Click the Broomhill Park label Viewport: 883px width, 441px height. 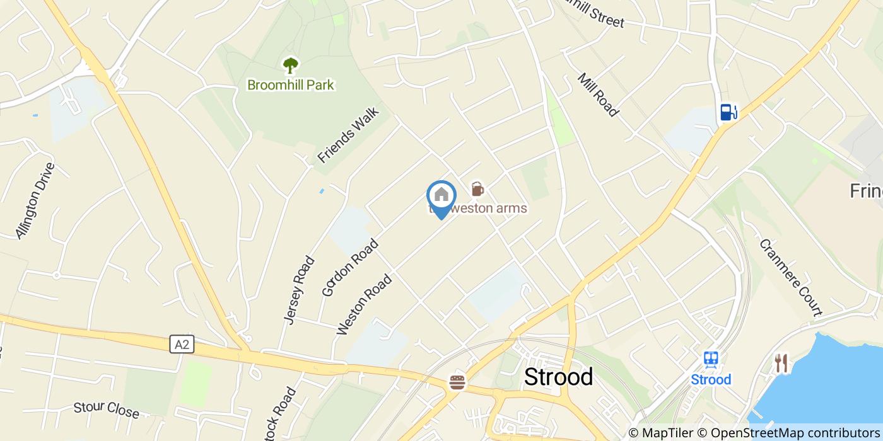point(291,84)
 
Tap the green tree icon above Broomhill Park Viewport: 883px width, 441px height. point(290,64)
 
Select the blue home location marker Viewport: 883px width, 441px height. point(441,196)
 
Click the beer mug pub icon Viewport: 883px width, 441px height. point(477,188)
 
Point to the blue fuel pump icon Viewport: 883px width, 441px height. point(728,112)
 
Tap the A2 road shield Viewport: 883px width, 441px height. point(182,344)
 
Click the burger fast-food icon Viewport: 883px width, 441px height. point(457,382)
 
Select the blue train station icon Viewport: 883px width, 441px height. point(711,359)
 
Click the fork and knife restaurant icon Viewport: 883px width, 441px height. point(781,363)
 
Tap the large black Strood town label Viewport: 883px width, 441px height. point(559,377)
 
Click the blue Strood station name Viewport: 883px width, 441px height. point(711,379)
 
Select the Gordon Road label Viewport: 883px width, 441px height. point(350,267)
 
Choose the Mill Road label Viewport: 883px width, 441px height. point(598,95)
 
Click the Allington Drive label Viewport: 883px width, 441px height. point(35,200)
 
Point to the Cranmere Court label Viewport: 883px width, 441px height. point(790,277)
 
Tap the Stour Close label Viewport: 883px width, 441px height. point(106,409)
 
